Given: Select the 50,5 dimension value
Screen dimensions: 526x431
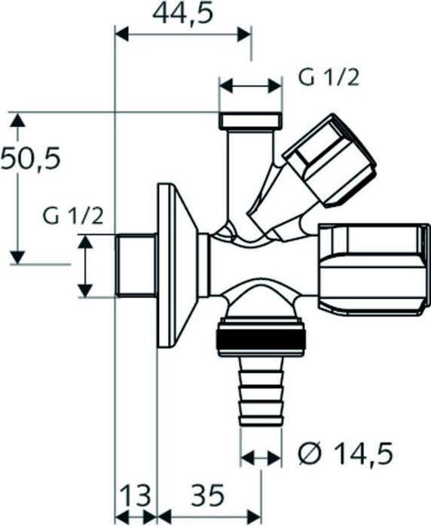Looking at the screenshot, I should click(x=29, y=159).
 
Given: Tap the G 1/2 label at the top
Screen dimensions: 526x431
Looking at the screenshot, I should click(x=329, y=78).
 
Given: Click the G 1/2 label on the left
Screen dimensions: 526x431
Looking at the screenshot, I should click(x=73, y=216).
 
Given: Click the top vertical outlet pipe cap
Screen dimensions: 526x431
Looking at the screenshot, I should click(x=251, y=120).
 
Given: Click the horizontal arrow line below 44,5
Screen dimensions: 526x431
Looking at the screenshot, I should click(x=182, y=33).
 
